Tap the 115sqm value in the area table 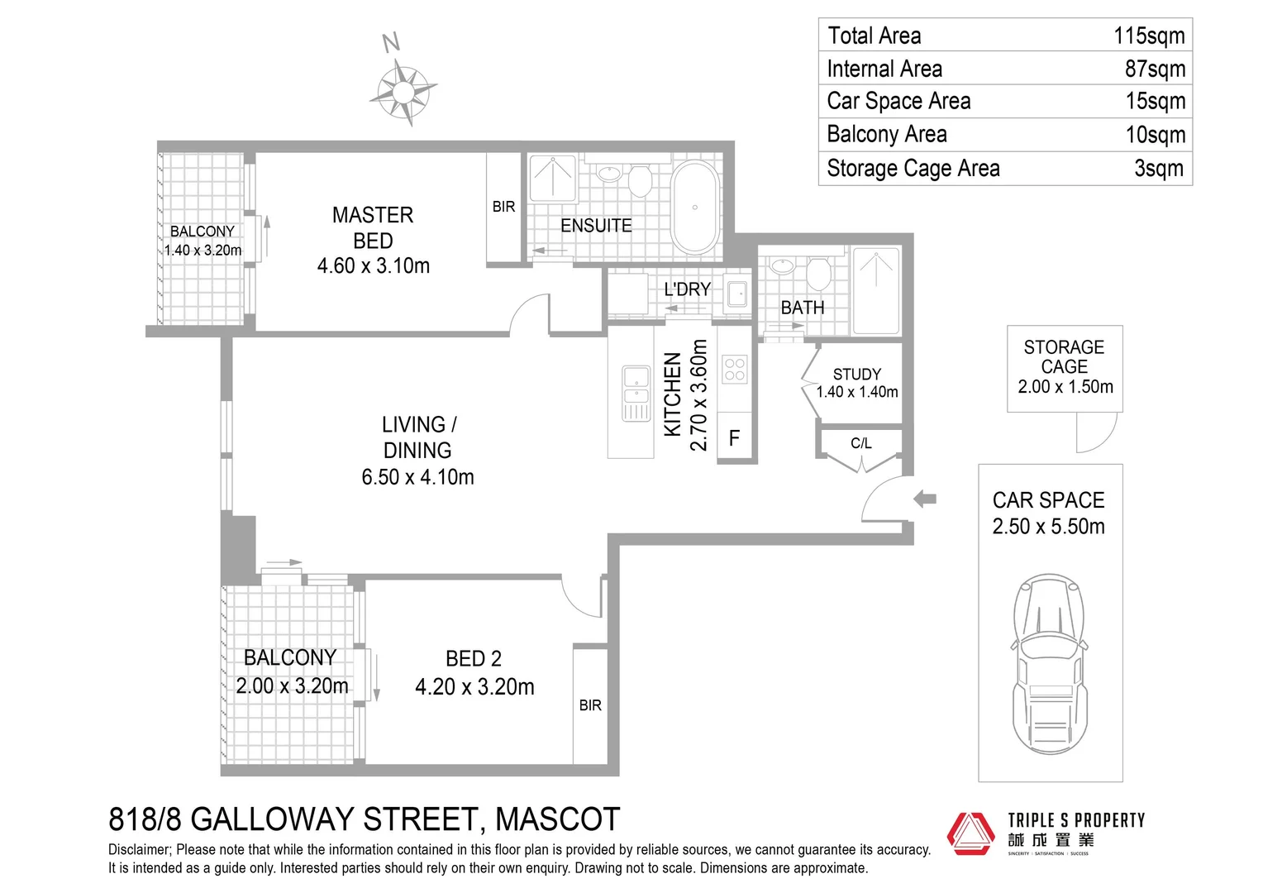point(1149,36)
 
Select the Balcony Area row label point(887,134)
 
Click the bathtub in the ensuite point(695,207)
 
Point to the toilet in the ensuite point(640,179)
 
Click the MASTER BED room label point(373,227)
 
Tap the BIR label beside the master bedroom point(503,207)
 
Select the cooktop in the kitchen point(734,369)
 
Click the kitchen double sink point(636,394)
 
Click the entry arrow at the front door point(925,498)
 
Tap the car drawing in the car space point(1050,664)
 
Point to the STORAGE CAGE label point(1064,356)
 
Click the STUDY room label point(857,374)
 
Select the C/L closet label point(861,443)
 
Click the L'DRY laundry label point(687,289)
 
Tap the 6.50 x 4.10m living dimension point(417,477)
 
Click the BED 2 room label point(473,658)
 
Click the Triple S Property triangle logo point(970,833)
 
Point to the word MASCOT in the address point(557,819)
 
